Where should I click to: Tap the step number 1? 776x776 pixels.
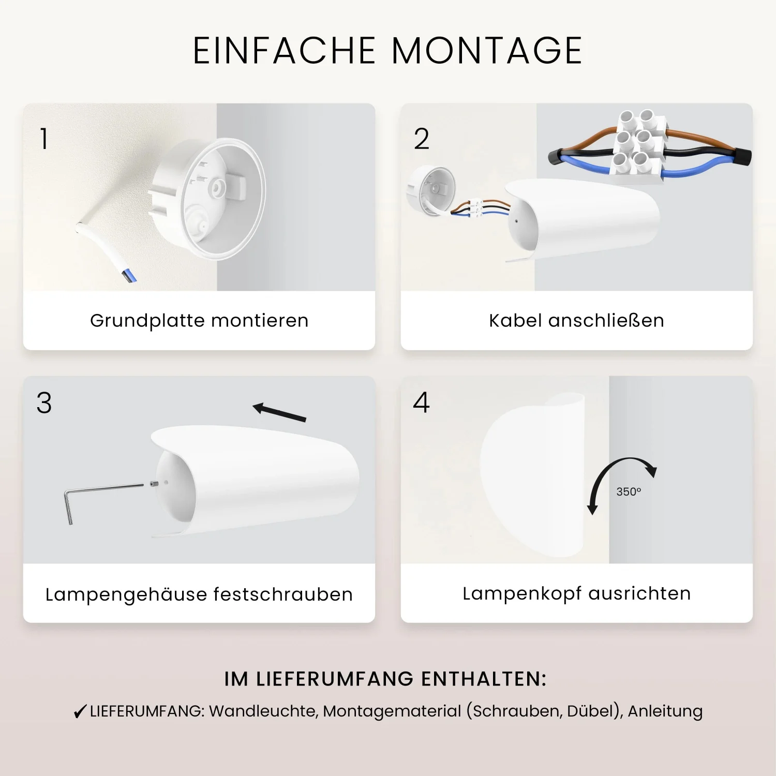coord(44,139)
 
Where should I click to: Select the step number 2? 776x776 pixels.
coord(422,139)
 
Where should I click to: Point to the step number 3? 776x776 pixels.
coord(44,403)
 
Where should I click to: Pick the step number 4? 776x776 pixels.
coord(422,402)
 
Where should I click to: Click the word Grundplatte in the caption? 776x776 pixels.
coord(148,321)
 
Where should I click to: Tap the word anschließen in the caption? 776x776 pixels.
coord(606,321)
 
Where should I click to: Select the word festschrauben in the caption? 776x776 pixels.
coord(283,594)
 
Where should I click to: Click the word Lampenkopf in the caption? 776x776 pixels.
coord(523,594)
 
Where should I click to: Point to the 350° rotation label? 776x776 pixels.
coord(629,491)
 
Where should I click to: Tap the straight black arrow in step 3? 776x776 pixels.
coord(279,412)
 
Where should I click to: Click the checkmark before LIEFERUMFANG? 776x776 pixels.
coord(80,712)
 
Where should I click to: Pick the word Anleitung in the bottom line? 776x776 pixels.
coord(665,711)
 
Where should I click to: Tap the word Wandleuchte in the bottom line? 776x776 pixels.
coord(263,711)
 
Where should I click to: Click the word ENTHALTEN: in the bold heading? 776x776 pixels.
coord(484,679)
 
